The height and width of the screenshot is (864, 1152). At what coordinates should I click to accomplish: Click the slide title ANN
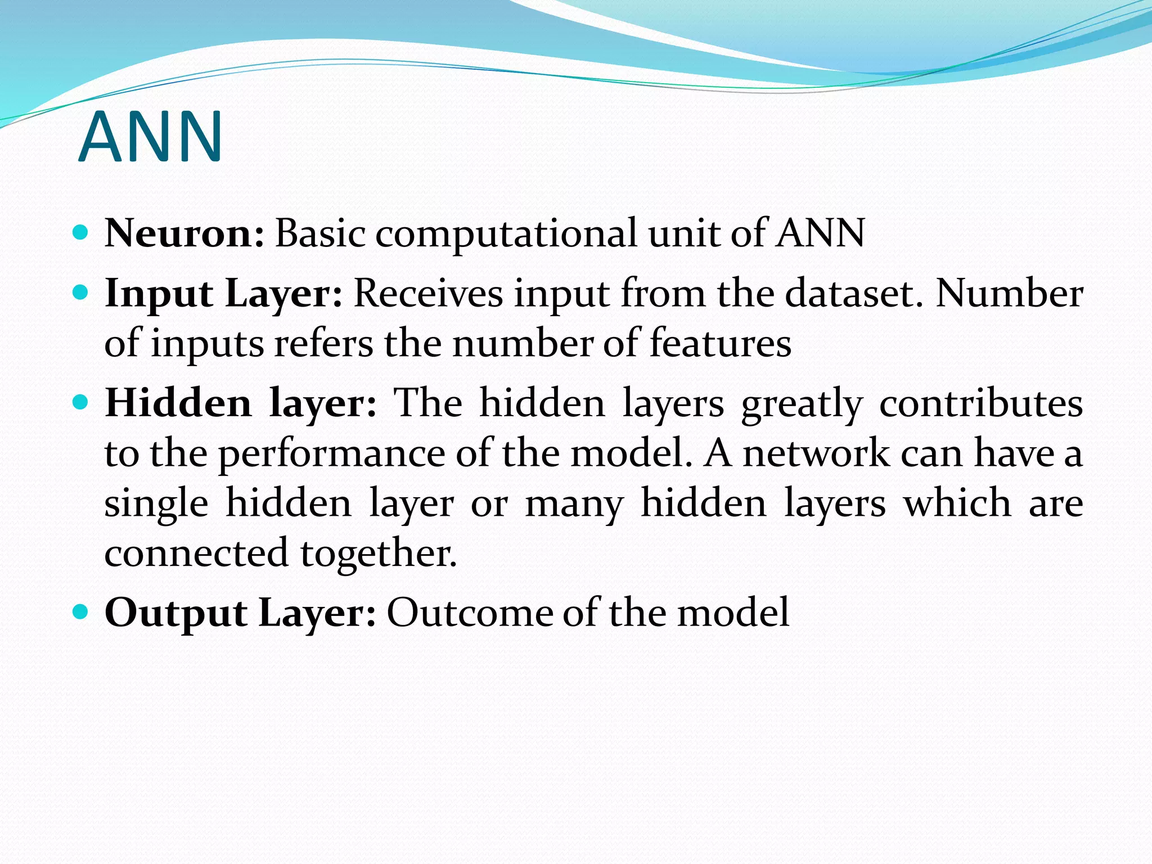tap(151, 137)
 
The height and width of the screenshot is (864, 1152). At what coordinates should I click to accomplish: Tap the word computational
tap(506, 234)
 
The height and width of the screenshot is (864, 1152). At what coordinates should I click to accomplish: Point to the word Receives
tap(428, 293)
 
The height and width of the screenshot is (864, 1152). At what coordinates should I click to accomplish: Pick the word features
tap(721, 343)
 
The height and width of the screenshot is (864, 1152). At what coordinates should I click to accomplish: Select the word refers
tap(323, 343)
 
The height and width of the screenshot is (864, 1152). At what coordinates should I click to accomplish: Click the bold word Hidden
tap(178, 403)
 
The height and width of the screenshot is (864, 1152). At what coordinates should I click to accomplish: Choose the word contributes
tap(981, 403)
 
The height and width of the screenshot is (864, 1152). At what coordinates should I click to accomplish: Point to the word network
tap(816, 453)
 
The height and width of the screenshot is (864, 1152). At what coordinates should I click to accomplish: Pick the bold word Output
tap(176, 613)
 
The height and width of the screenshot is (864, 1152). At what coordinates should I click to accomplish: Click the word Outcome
tap(470, 612)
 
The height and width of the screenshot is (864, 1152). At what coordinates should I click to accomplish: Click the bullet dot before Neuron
tap(81, 232)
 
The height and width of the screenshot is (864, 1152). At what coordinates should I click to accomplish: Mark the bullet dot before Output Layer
tap(81, 611)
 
